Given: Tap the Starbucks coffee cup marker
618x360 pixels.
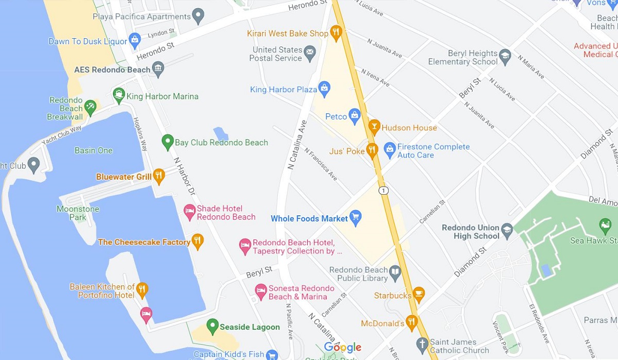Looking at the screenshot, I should (x=419, y=295).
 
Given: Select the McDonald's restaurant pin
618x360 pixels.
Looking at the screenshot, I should (x=411, y=322).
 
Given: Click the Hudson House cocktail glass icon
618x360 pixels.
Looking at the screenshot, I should (x=374, y=126).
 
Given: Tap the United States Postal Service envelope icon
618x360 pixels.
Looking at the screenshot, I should (x=310, y=52).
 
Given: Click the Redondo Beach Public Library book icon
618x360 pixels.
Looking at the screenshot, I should (x=395, y=272).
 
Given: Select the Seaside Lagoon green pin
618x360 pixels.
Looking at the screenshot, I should (x=212, y=325).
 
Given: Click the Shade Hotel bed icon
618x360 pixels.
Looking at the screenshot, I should (x=190, y=211).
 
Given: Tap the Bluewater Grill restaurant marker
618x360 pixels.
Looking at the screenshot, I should (x=159, y=176).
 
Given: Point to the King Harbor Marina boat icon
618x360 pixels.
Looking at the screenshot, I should (x=119, y=95).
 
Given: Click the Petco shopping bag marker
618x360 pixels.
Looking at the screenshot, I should (x=354, y=115).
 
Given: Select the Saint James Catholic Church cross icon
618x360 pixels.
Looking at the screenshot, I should (x=422, y=344).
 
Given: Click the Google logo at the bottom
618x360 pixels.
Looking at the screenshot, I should (x=343, y=348).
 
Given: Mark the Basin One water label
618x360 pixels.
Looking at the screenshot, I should (x=93, y=150).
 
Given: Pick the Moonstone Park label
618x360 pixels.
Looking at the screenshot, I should (x=78, y=213).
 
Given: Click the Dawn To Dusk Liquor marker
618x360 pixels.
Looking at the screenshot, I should (x=135, y=40).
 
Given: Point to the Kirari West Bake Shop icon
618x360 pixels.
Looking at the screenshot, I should (x=336, y=32).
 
